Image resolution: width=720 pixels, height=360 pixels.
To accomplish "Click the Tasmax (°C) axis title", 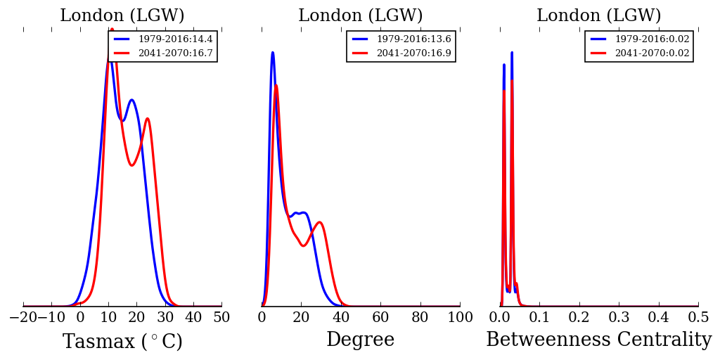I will [122, 342].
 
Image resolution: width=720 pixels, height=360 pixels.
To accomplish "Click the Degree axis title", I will [360, 340].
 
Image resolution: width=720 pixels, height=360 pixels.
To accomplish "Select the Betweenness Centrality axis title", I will [598, 340].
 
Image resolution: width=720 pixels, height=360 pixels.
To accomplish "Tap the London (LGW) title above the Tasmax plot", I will [122, 15].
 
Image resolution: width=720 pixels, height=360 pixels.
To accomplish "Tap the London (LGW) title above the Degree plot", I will [361, 15].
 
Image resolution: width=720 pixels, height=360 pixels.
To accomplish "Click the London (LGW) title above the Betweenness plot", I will [599, 15].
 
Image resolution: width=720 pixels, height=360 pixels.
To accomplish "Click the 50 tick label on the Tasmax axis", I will [221, 318].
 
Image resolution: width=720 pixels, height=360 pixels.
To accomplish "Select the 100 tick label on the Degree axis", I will [460, 318].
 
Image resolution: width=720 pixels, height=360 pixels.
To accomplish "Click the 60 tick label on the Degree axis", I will [380, 318].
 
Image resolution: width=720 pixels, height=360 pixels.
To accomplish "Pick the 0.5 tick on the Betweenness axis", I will [698, 318].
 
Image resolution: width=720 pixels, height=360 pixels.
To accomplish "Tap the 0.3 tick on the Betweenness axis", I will [619, 318].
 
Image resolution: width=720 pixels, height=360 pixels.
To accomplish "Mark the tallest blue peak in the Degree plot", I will [272, 53].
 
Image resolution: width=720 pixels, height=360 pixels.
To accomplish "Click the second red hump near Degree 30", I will [320, 222].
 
